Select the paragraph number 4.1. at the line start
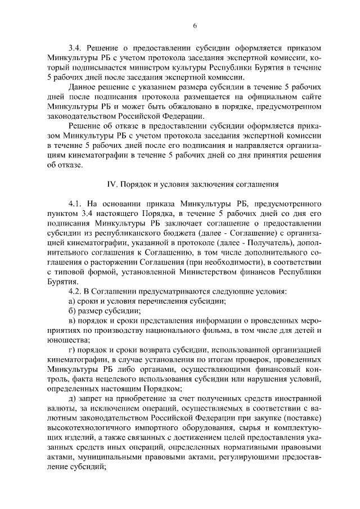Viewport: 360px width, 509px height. [x=76, y=203]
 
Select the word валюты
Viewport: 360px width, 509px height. [x=61, y=408]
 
